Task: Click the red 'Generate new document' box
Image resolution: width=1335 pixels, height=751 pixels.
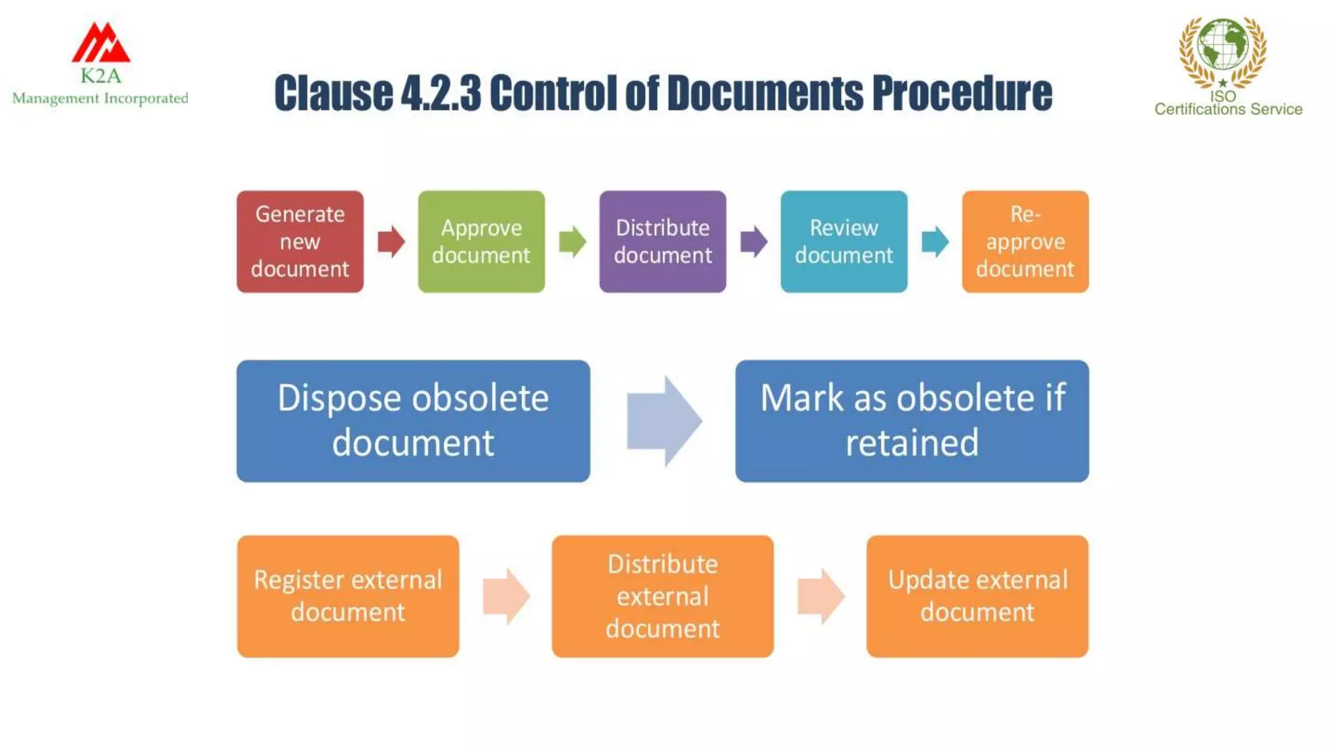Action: pos(300,241)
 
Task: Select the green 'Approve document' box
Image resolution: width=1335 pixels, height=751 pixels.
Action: pos(481,241)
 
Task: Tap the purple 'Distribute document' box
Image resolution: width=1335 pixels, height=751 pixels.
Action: pos(662,241)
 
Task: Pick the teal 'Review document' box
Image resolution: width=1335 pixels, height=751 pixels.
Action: pos(844,241)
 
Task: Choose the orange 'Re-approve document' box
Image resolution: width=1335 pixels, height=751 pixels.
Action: pos(1025,241)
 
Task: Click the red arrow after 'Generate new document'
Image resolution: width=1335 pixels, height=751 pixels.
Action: pos(391,242)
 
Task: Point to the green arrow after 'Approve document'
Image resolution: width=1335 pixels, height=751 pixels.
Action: pos(572,242)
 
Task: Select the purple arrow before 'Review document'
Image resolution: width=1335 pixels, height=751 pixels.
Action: pos(754,242)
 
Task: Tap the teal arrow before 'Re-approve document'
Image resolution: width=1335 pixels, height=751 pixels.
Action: pos(935,242)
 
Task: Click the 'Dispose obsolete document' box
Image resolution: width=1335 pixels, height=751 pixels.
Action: pos(413,420)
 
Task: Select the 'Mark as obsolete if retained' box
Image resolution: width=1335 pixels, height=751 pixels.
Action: pos(911,420)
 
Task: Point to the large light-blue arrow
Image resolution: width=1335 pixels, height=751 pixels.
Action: pos(664,420)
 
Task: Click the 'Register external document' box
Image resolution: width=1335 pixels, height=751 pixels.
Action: pos(348,596)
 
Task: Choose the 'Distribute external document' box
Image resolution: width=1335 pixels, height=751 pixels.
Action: pos(662,596)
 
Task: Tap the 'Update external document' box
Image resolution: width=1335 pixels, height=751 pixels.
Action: pos(977,596)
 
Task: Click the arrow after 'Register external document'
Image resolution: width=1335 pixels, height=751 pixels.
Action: pos(506,596)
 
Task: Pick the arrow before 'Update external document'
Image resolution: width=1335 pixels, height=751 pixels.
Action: pos(821,596)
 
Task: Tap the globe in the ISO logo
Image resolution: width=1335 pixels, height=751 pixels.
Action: pos(1222,44)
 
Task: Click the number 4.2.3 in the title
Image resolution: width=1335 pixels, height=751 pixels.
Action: pos(441,93)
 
